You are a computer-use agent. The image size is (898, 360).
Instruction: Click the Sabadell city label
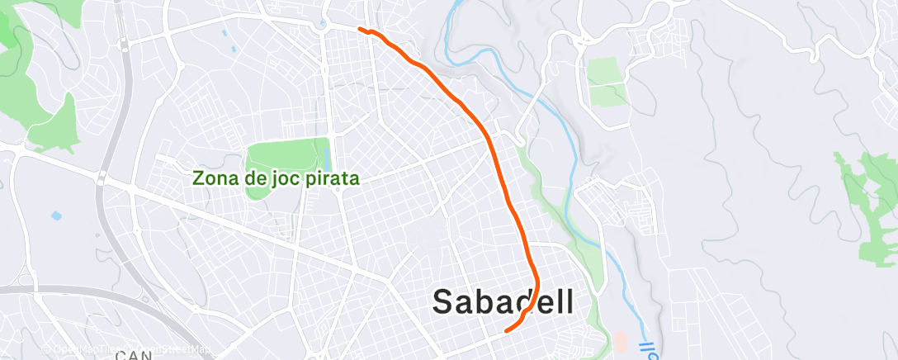pyautogui.click(x=503, y=302)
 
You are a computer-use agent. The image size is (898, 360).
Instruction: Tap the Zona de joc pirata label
pyautogui.click(x=275, y=178)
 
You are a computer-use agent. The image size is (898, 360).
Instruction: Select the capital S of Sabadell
pyautogui.click(x=444, y=302)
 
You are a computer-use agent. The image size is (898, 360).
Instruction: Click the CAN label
pyautogui.click(x=131, y=355)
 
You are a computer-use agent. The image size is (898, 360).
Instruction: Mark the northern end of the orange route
pyautogui.click(x=360, y=30)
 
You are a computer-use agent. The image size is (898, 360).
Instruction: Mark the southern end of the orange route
pyautogui.click(x=505, y=330)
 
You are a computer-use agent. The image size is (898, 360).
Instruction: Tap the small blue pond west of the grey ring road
pyautogui.click(x=56, y=216)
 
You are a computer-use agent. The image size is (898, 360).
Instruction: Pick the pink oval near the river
pyautogui.click(x=619, y=341)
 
